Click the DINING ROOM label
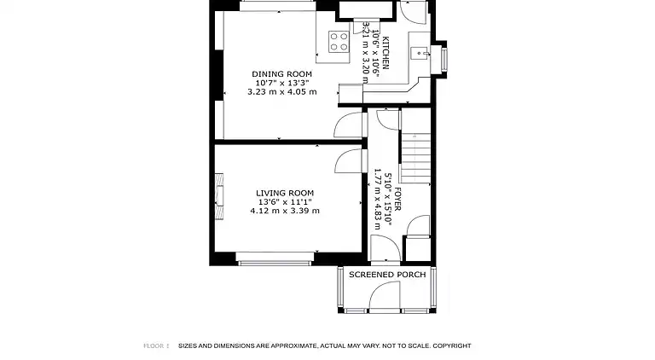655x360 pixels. (x=281, y=74)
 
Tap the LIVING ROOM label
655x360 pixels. (x=285, y=193)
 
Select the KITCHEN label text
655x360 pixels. (x=385, y=53)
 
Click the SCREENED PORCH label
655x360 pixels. (x=387, y=275)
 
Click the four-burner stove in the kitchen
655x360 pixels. (x=339, y=42)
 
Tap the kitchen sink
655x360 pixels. (x=419, y=54)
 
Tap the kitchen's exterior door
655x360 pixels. (x=413, y=11)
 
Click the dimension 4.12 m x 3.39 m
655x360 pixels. (x=285, y=211)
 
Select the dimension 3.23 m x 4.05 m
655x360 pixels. (x=281, y=92)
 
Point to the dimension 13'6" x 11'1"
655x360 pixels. (x=285, y=202)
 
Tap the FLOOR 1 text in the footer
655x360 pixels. (x=156, y=345)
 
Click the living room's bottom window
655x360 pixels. (x=275, y=260)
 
